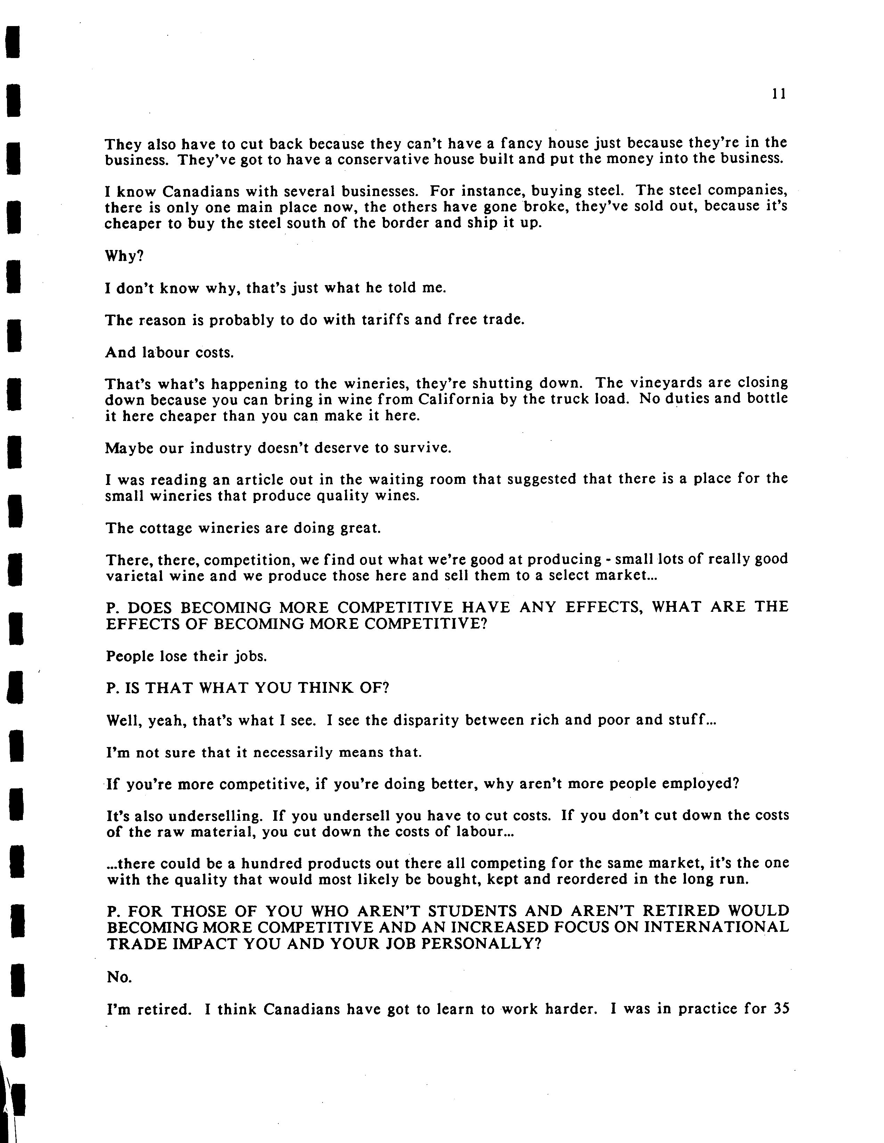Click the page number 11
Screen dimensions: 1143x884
point(779,94)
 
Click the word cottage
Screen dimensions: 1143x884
point(166,528)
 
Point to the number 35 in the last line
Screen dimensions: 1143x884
point(780,1008)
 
